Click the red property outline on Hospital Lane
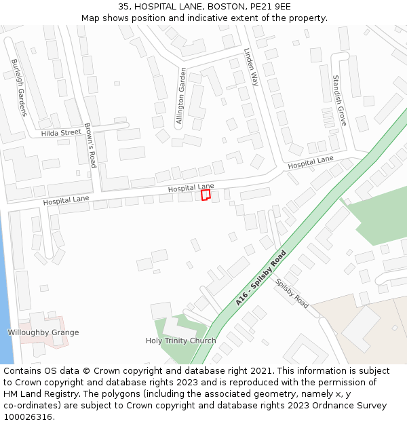tap(206, 194)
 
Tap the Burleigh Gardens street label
tap(18, 88)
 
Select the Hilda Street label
tap(61, 133)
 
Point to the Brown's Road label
tap(90, 145)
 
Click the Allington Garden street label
tap(181, 96)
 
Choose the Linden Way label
tap(251, 66)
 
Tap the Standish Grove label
tap(339, 100)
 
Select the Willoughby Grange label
tap(43, 332)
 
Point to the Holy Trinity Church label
tap(181, 341)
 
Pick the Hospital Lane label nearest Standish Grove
tap(311, 162)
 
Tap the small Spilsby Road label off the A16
tap(292, 294)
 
